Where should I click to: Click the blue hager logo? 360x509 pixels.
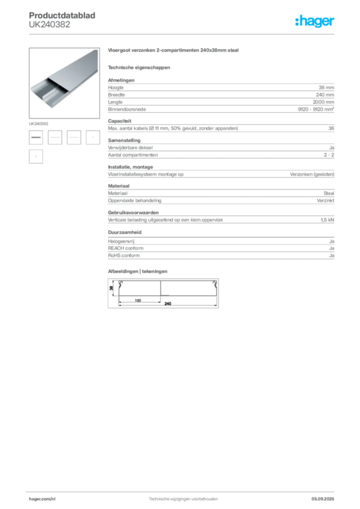tap(315, 22)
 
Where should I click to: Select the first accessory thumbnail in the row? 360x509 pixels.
tap(36, 136)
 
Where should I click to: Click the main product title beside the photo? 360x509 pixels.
tap(175, 52)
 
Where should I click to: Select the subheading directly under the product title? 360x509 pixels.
tap(139, 67)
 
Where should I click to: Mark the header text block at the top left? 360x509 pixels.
tap(64, 20)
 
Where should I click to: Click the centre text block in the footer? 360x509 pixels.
tap(184, 498)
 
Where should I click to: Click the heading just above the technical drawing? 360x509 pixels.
tap(139, 270)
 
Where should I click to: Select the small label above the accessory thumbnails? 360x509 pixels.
tap(39, 122)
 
